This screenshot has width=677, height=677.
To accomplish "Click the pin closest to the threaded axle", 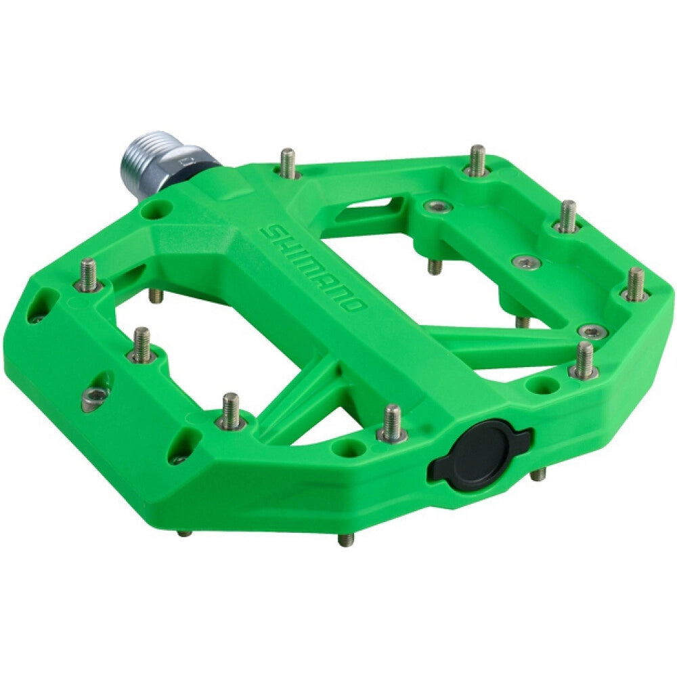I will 288,162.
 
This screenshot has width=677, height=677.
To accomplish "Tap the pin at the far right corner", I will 635,284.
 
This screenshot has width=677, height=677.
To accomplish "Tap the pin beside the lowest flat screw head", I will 584,359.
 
